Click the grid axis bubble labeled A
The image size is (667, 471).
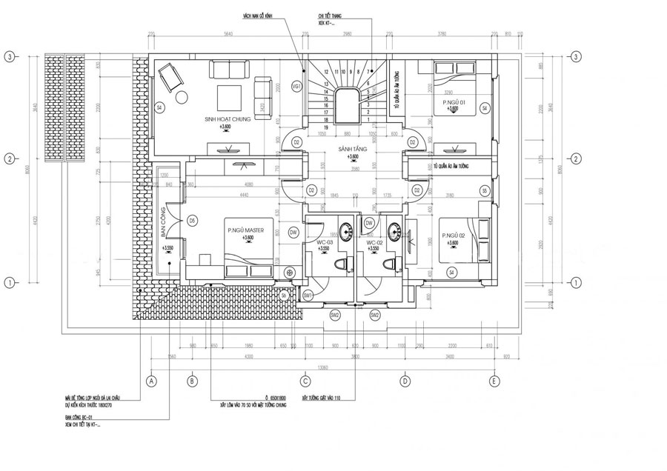[151, 381]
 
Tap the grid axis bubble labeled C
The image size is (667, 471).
[305, 381]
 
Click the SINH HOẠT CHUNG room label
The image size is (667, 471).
[230, 118]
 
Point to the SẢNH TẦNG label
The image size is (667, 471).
[348, 150]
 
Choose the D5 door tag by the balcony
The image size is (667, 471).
[192, 220]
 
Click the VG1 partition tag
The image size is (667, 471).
[297, 87]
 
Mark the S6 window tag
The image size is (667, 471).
[284, 295]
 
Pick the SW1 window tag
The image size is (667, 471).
[308, 295]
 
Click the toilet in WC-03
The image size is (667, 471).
[342, 264]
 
